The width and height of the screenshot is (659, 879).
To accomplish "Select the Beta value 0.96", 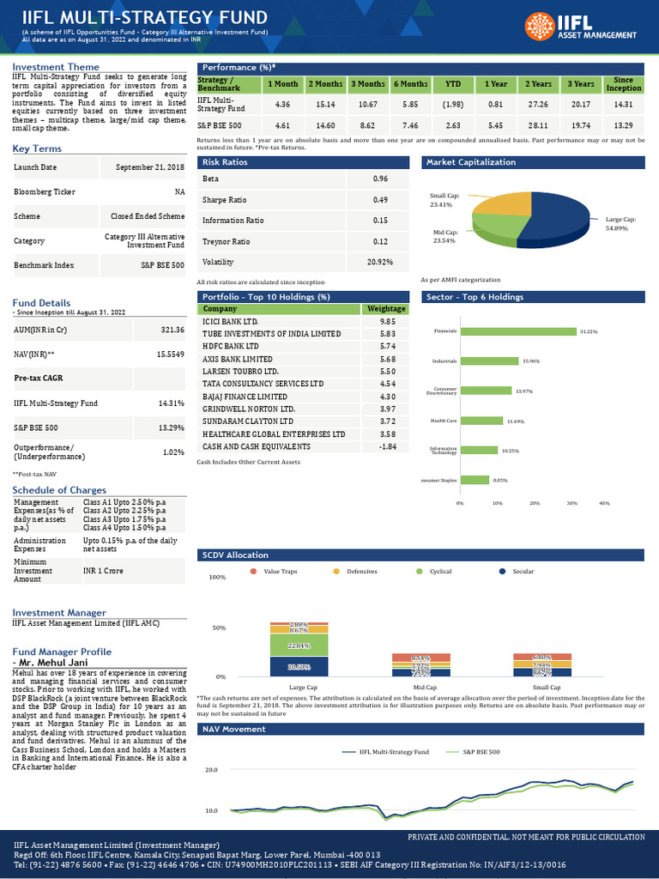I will [381, 179].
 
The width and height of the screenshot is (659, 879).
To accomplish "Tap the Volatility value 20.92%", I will [379, 262].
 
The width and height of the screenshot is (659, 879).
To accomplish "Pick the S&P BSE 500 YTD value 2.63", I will [452, 125].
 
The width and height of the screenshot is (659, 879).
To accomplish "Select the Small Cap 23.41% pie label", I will [442, 201].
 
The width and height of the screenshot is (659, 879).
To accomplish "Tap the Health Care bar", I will [482, 421].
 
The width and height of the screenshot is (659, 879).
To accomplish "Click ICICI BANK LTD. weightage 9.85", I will [388, 321].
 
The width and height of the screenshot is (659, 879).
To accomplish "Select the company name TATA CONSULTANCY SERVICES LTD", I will [263, 383].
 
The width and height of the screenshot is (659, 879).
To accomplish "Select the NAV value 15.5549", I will [170, 354].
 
